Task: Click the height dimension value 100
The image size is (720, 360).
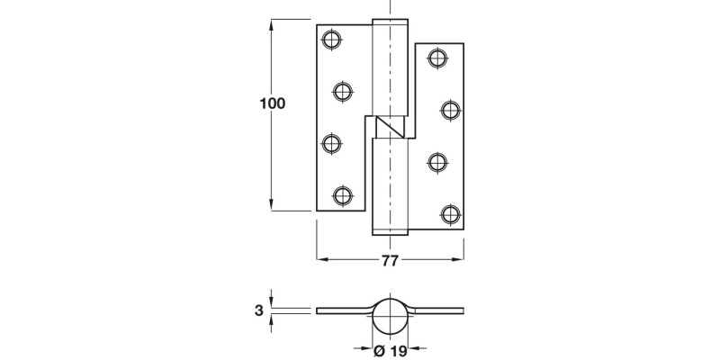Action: pyautogui.click(x=272, y=103)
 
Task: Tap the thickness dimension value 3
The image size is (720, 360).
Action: pyautogui.click(x=259, y=310)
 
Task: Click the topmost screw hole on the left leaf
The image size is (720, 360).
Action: pyautogui.click(x=331, y=39)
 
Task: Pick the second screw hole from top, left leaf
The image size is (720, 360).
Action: pyautogui.click(x=343, y=90)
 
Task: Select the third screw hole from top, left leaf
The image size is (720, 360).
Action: pyautogui.click(x=331, y=142)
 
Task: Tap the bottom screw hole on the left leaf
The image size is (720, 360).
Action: pyautogui.click(x=343, y=194)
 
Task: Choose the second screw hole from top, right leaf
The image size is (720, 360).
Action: pyautogui.click(x=451, y=111)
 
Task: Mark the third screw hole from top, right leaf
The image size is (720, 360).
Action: pyautogui.click(x=437, y=162)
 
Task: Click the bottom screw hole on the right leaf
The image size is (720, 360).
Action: pyautogui.click(x=451, y=214)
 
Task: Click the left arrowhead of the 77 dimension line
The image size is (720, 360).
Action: pyautogui.click(x=322, y=261)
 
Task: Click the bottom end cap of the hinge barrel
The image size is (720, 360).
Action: pyautogui.click(x=391, y=232)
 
